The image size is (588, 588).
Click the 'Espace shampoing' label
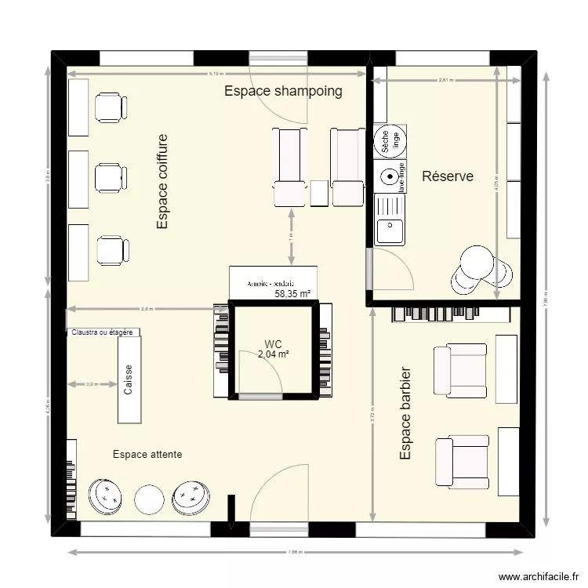coord(283,91)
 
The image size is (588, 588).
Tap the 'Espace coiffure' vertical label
coord(162,182)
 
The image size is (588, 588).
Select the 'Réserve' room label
coord(448,176)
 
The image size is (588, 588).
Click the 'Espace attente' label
coord(147,454)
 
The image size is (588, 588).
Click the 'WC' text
coord(273,344)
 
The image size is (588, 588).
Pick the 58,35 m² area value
coord(292,295)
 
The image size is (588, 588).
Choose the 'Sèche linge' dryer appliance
coord(390,142)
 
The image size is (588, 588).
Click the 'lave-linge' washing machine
coord(390,177)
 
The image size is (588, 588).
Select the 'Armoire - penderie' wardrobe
coord(274,282)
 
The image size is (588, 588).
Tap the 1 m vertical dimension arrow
coord(292,236)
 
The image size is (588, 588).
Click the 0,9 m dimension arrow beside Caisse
coord(92,384)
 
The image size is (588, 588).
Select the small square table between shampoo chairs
coord(318,194)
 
